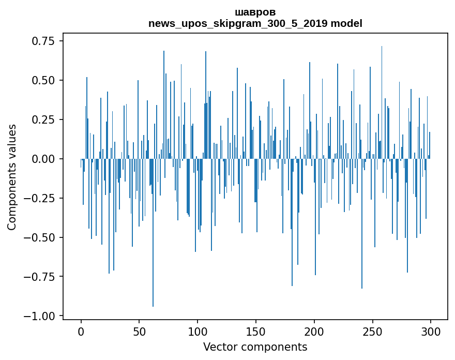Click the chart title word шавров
[255, 12]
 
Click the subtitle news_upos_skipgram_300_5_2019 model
[255, 23]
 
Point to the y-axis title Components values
[12, 177]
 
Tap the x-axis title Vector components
[255, 347]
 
